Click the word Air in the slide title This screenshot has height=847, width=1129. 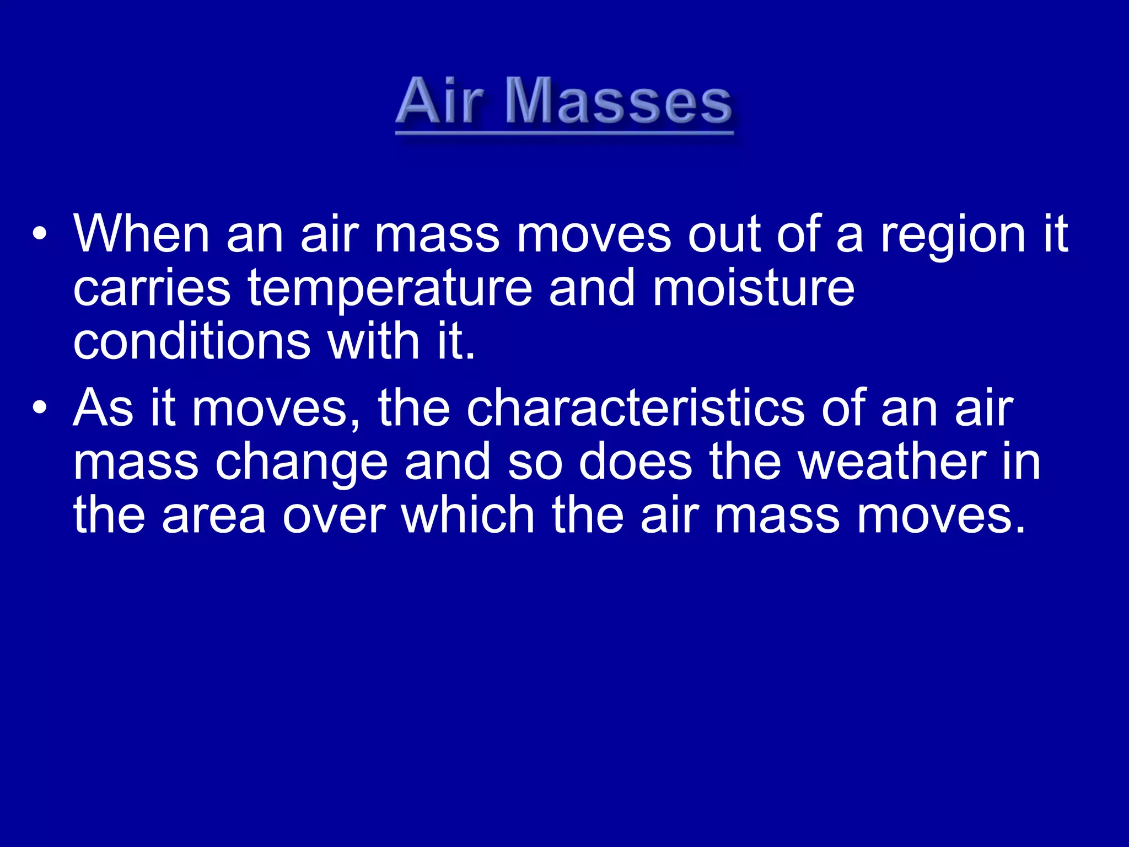[x=439, y=101]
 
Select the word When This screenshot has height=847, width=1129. [x=142, y=235]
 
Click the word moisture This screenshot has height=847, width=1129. [x=754, y=288]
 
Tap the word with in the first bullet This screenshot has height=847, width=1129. [x=374, y=341]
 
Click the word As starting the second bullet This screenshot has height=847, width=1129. [x=104, y=408]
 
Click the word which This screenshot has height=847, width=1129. [x=468, y=514]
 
